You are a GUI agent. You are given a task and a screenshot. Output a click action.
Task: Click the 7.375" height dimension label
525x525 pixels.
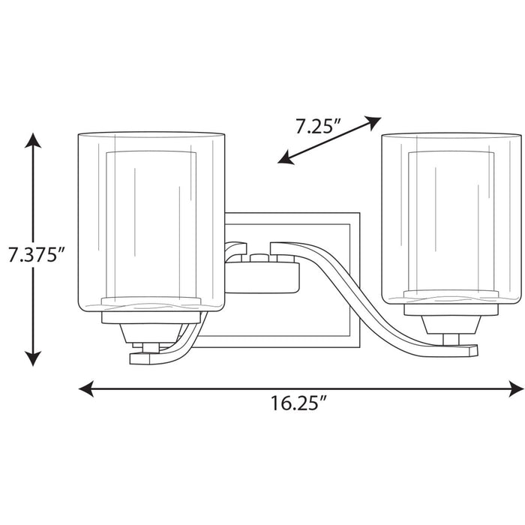[x=34, y=254]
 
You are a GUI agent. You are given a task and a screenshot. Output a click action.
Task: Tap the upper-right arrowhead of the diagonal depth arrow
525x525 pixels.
[x=375, y=121]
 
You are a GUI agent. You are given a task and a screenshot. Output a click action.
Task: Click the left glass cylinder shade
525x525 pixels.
[x=152, y=221]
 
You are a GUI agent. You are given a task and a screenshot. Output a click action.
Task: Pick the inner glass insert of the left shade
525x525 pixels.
[x=152, y=225]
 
